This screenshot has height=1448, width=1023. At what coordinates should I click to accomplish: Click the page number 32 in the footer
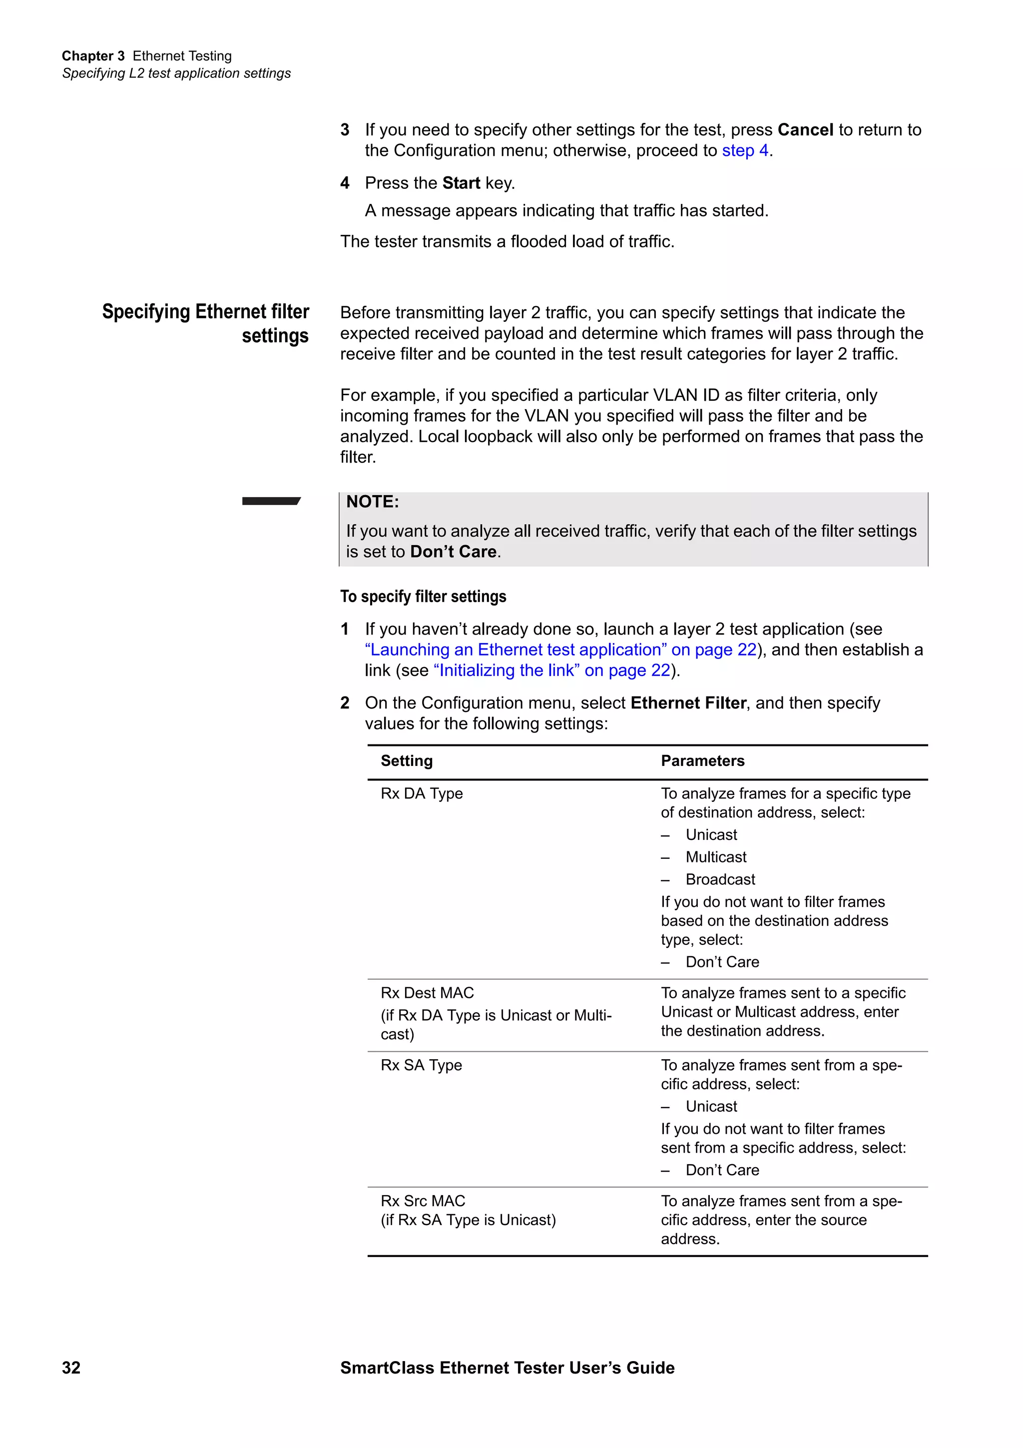click(71, 1367)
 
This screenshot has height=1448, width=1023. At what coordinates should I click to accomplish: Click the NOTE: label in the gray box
click(373, 502)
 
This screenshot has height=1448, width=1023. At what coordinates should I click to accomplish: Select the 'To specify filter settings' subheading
click(423, 597)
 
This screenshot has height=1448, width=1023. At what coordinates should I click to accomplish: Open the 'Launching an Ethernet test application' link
click(560, 650)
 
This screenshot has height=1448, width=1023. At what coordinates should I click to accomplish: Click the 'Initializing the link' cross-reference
click(551, 671)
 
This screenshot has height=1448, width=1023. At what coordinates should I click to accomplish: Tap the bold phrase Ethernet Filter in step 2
click(688, 703)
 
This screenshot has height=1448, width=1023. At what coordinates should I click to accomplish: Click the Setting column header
click(407, 760)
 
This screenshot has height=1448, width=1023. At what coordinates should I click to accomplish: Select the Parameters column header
click(702, 760)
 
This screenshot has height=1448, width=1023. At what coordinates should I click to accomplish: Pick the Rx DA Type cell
click(421, 793)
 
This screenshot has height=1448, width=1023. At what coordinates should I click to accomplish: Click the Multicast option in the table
click(715, 857)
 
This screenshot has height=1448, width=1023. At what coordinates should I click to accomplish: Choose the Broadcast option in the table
click(720, 879)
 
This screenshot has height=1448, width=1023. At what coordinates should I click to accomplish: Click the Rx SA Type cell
click(421, 1065)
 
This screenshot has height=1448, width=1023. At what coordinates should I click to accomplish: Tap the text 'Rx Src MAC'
click(422, 1201)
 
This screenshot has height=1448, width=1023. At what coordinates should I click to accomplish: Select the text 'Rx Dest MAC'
click(427, 993)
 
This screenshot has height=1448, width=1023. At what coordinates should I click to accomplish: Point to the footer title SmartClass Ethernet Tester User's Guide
click(507, 1367)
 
